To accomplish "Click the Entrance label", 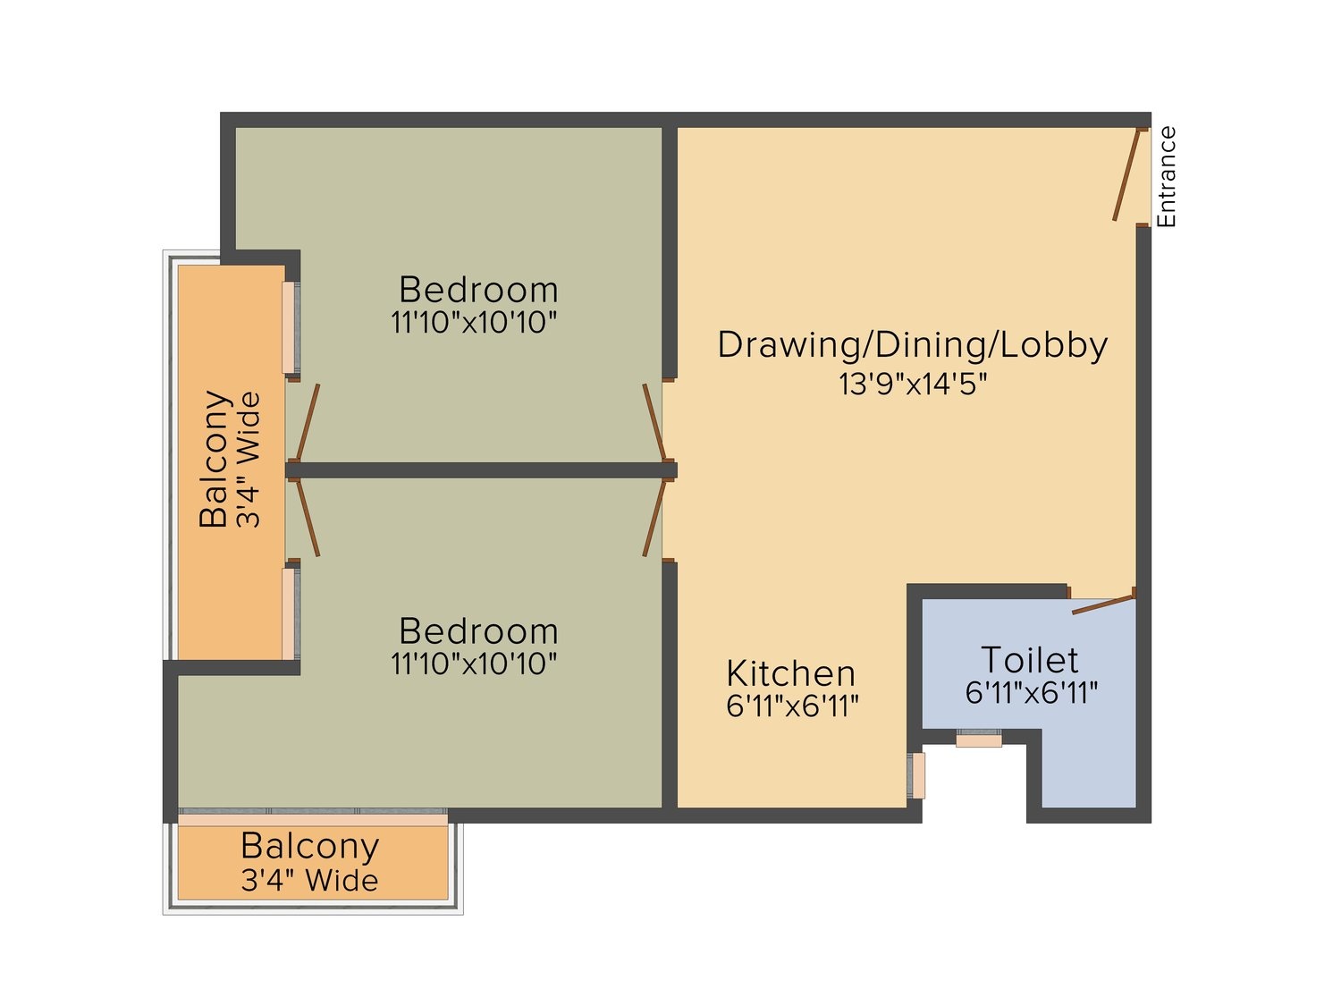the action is point(1166,176).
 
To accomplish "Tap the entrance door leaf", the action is point(1126,174).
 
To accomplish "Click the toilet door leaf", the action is point(1103,604).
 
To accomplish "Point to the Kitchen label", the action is point(790,673).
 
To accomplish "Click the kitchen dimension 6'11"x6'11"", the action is point(792,706).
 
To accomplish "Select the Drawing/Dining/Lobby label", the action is point(912,345).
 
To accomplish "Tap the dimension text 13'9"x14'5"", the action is point(913,385).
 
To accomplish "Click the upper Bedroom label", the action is point(478,290).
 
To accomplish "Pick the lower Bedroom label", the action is point(478,631).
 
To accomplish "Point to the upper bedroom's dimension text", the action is point(474,323).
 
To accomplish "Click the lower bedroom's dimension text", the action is point(474,664).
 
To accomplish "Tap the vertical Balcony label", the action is point(215,458).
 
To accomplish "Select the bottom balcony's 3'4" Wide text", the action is point(309,880).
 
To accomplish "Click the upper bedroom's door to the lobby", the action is point(654,421).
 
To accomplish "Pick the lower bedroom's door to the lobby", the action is point(654,518).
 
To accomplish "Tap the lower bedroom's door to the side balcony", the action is point(308,518).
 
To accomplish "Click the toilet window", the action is point(979,739).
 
